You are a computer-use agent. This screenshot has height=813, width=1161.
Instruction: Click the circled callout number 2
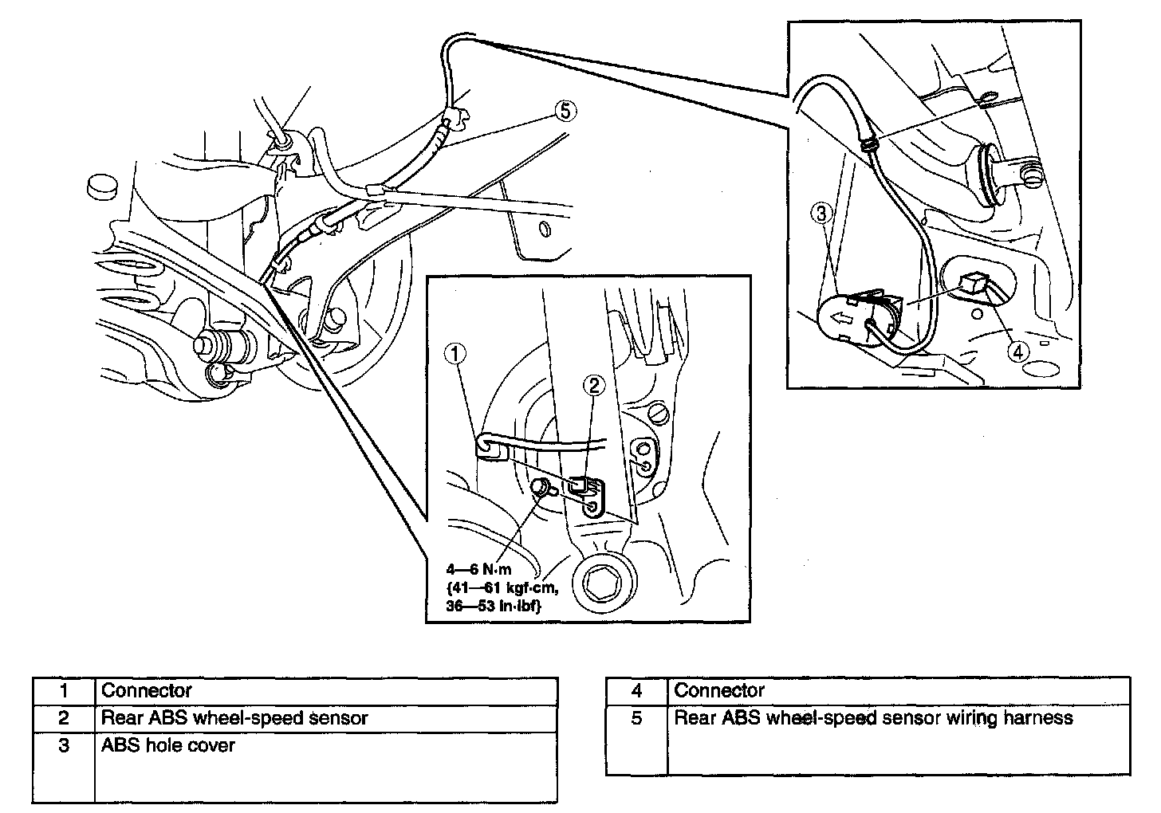pos(593,386)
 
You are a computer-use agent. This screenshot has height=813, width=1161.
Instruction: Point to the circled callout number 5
pos(565,112)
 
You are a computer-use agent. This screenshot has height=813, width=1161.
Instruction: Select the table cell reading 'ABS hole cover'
pos(168,745)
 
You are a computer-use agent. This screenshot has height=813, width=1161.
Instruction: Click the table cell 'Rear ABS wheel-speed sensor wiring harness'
pos(873,718)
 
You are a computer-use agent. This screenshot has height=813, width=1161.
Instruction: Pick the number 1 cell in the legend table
pos(64,690)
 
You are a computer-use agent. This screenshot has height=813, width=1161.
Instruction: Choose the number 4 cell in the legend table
pos(636,690)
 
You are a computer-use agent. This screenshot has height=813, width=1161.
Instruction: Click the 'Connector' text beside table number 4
pos(719,690)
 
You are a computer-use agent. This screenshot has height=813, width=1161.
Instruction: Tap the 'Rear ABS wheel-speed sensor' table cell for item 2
pos(234,717)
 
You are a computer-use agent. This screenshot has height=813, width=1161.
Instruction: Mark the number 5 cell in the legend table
pos(636,718)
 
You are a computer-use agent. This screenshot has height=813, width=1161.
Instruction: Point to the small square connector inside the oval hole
pos(974,282)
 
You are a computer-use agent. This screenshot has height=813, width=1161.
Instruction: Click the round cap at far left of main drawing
pos(100,187)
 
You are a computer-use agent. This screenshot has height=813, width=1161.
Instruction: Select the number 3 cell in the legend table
pos(64,745)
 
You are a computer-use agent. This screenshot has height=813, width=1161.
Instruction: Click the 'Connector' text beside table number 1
pos(147,690)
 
